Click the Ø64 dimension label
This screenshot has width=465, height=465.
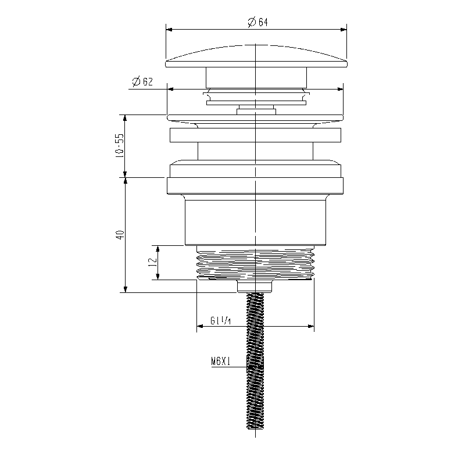tap(257, 22)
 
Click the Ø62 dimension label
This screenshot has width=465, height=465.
tap(142, 81)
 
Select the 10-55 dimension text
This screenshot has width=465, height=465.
tap(120, 145)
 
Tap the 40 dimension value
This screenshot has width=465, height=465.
tap(120, 235)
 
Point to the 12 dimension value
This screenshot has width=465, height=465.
tap(152, 262)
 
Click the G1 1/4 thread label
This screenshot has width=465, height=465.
tap(221, 320)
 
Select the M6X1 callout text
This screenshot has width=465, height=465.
tap(221, 361)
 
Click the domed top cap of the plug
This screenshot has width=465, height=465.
tap(256, 56)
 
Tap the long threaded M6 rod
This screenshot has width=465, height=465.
tap(255, 360)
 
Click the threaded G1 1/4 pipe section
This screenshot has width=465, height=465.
tap(255, 263)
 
